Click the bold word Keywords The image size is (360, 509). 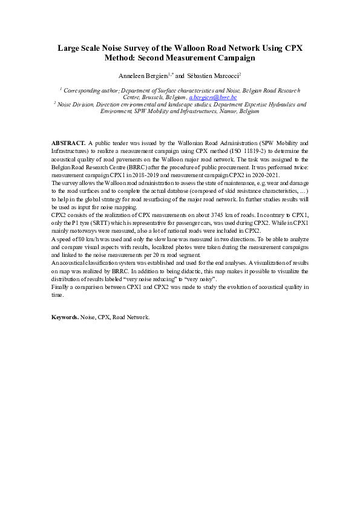point(65,316)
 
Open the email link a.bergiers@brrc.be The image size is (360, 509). point(212,97)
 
